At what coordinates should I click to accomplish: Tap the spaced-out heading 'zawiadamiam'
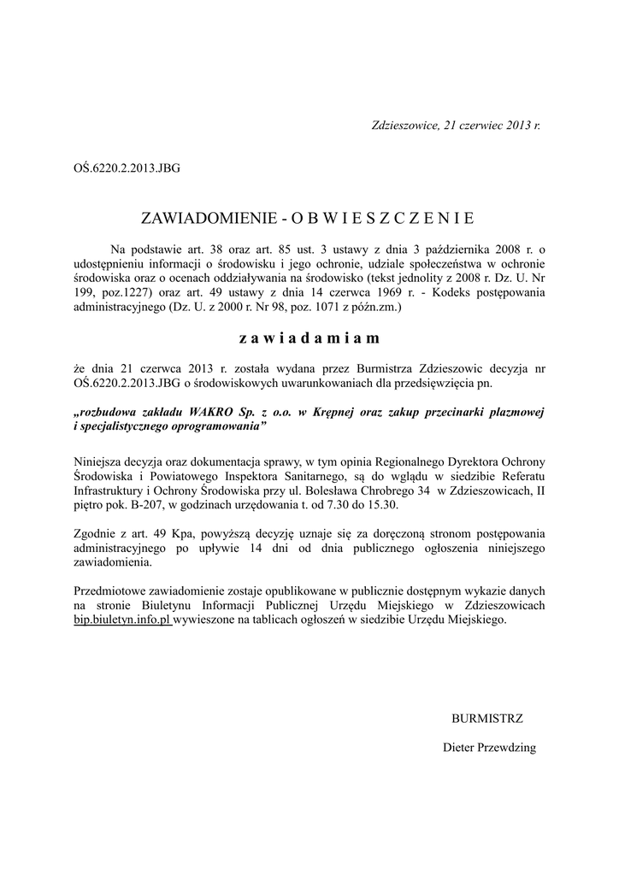tap(309, 338)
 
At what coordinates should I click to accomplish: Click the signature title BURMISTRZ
tap(486, 718)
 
